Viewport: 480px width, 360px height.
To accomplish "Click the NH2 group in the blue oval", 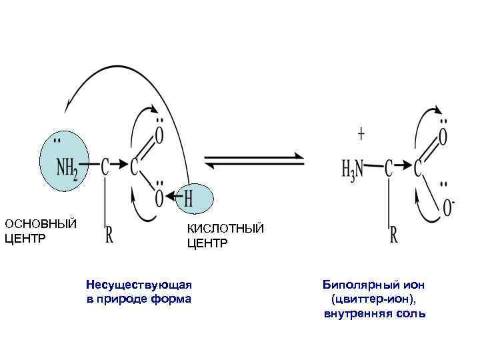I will [66, 167].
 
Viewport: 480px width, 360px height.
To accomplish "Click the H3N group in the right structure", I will [351, 167].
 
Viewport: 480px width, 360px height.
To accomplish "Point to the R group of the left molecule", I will [109, 234].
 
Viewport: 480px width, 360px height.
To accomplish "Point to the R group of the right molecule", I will [394, 235].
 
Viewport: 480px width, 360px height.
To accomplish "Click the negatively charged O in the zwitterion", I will [448, 208].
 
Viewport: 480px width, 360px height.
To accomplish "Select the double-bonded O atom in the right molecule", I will [443, 136].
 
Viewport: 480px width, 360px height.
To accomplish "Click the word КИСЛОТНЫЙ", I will [225, 229].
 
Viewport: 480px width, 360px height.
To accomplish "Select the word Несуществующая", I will [139, 285].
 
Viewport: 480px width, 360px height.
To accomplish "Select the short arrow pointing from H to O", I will [175, 197].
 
